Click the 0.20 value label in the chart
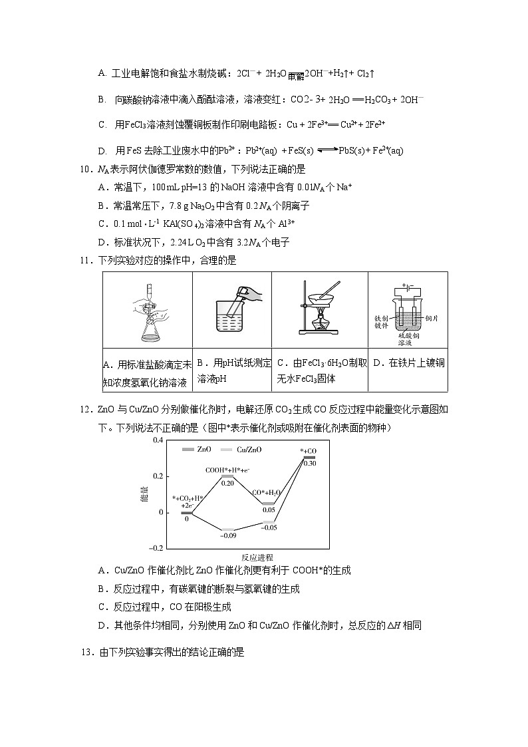click(228, 484)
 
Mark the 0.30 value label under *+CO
click(309, 463)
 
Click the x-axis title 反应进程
click(257, 557)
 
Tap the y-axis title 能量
click(144, 494)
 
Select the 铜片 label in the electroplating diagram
click(431, 319)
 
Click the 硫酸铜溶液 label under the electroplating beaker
click(405, 339)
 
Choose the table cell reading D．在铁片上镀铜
click(408, 363)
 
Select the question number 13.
click(86, 653)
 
